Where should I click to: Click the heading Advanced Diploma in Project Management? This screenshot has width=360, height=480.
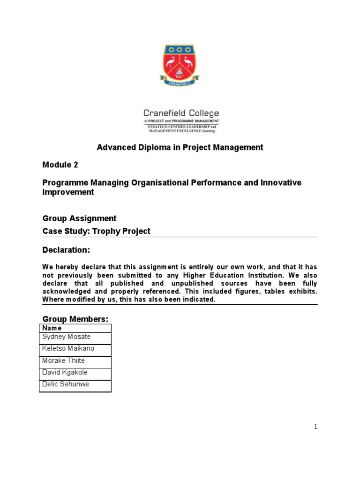pyautogui.click(x=180, y=148)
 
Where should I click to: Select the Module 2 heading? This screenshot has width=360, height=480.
pyautogui.click(x=60, y=165)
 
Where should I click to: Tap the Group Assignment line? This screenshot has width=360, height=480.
pyautogui.click(x=79, y=218)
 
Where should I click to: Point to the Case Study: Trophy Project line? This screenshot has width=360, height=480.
pyautogui.click(x=97, y=232)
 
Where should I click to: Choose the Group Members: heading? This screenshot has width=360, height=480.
pyautogui.click(x=75, y=319)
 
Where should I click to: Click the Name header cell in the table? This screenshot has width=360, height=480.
pyautogui.click(x=52, y=328)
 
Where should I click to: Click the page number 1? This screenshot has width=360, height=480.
pyautogui.click(x=316, y=427)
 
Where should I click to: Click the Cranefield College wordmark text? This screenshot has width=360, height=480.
pyautogui.click(x=181, y=113)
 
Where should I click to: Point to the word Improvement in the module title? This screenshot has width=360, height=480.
pyautogui.click(x=68, y=193)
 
